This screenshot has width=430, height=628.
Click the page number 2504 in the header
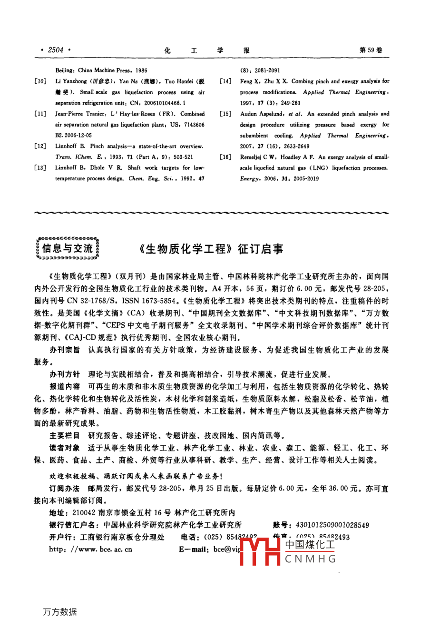(56, 50)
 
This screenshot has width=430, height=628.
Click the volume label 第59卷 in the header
(371, 50)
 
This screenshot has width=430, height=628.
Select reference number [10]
(40, 81)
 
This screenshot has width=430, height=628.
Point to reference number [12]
(40, 146)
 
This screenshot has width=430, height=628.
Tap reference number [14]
(225, 81)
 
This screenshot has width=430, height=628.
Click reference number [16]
(225, 157)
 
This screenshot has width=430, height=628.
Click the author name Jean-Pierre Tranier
(79, 114)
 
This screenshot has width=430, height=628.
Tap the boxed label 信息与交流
(68, 248)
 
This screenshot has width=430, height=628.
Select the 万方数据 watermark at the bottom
(60, 612)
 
